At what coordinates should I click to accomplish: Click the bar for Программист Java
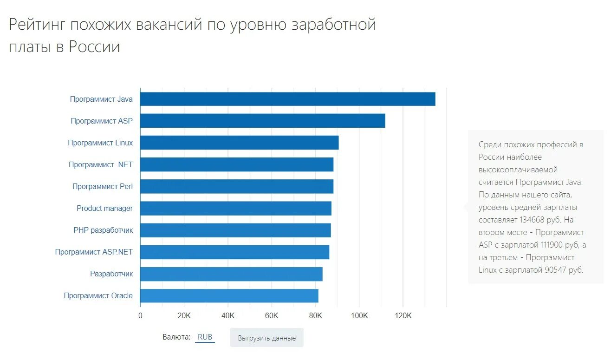287,99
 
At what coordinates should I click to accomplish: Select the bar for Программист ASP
262,121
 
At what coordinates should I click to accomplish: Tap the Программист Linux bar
239,143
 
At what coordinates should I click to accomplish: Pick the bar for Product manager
235,208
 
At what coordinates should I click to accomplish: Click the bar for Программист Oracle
229,295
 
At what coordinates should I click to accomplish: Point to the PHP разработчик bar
235,230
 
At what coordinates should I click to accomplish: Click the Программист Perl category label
102,186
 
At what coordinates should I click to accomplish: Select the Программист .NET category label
100,164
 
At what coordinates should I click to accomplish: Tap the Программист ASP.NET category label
93,252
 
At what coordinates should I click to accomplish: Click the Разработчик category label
111,274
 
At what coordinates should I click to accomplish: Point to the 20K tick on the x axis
184,316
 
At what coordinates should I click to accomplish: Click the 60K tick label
272,316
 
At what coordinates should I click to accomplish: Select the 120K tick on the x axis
403,316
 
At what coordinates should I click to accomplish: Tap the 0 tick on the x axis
140,316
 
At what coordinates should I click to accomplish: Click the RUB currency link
205,337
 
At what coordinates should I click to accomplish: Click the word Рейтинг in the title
37,25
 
